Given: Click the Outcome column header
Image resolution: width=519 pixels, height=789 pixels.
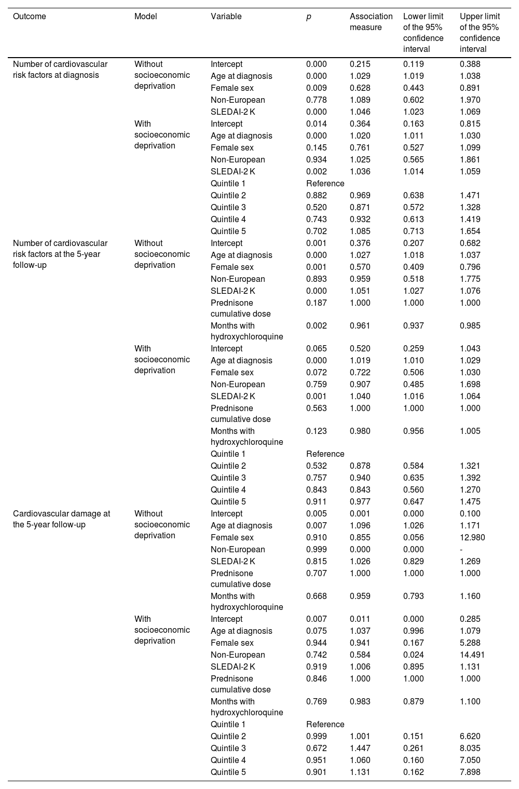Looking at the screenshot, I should click(30, 16).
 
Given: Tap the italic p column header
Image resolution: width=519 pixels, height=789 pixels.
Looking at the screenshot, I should click(308, 16).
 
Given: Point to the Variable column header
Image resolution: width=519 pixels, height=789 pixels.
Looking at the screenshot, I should click(226, 16).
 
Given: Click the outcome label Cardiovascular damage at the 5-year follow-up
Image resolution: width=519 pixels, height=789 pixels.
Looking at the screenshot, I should click(61, 519).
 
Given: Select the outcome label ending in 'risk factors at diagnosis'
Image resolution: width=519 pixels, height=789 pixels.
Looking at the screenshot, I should click(60, 70).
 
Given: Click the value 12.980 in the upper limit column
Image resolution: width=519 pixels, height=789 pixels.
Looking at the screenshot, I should click(472, 537).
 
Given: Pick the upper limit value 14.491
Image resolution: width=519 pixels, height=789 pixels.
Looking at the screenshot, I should click(472, 655).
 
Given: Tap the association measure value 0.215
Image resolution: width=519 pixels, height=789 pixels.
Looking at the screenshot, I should click(360, 64).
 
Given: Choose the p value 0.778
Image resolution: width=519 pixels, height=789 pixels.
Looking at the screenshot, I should click(317, 100).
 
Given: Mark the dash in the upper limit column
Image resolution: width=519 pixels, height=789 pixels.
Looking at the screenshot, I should click(461, 549).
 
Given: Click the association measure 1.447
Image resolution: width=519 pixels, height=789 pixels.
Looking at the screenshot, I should click(360, 748).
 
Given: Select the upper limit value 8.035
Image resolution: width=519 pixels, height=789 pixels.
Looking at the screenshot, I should click(470, 748).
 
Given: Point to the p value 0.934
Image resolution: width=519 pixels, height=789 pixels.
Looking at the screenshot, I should click(317, 159).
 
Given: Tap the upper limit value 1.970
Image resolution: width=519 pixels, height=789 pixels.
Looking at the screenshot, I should click(470, 100).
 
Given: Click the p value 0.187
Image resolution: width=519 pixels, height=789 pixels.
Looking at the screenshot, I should click(317, 303).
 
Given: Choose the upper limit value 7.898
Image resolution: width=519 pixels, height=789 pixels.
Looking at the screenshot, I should click(470, 772).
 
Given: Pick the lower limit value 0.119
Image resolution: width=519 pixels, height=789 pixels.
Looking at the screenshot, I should click(414, 64).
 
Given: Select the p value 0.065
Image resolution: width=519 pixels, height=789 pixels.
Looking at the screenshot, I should click(317, 348).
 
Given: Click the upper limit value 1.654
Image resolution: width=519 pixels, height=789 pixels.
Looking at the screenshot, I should click(470, 231).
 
